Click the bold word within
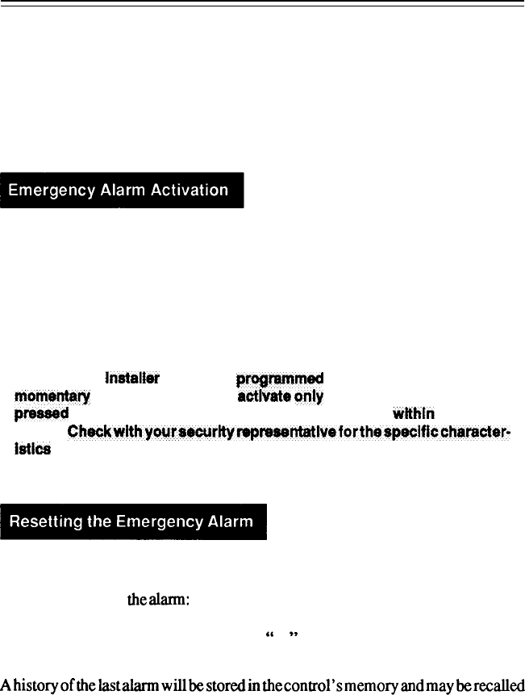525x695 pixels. tap(414, 414)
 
